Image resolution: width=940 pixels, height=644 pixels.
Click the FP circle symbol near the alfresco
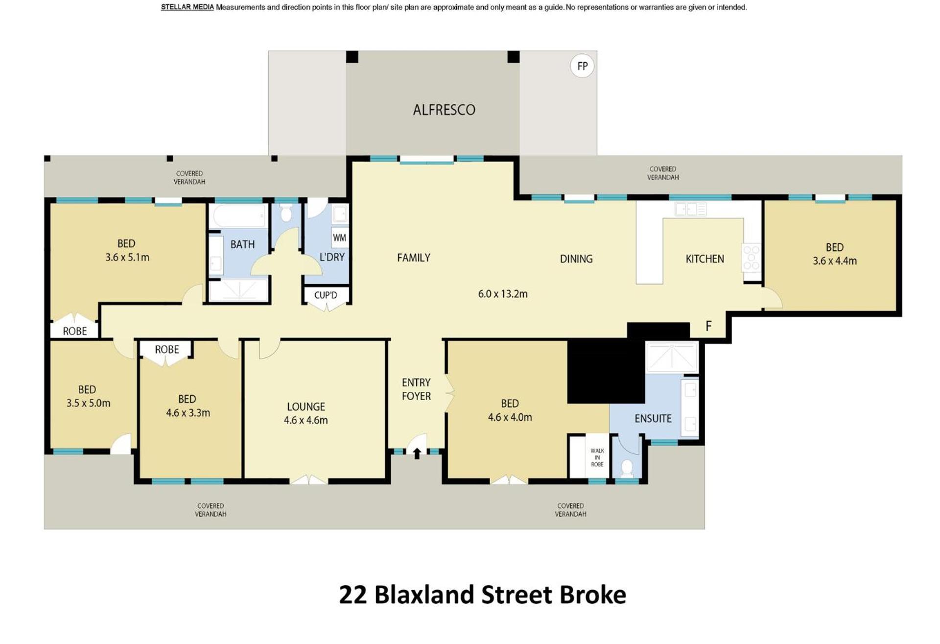click(x=582, y=66)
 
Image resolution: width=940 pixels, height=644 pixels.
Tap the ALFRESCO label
click(x=444, y=110)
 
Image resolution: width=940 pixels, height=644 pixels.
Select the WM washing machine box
click(x=339, y=238)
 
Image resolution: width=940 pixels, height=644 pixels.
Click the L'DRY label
click(x=332, y=257)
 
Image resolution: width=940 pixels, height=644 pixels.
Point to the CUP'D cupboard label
click(x=326, y=295)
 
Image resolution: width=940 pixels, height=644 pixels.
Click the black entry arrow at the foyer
click(x=417, y=453)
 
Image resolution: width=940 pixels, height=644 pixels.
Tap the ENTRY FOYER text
click(x=416, y=389)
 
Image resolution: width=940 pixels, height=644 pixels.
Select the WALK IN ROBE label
click(x=597, y=457)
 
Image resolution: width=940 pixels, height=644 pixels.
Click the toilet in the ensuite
click(x=627, y=468)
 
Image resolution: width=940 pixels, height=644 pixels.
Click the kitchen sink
click(x=690, y=210)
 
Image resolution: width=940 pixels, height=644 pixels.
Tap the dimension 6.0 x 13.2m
click(x=503, y=294)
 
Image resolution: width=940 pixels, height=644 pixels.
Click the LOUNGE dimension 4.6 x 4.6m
click(x=306, y=420)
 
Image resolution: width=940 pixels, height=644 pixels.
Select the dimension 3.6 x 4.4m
click(x=835, y=261)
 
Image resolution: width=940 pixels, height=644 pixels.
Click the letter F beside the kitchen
click(x=708, y=326)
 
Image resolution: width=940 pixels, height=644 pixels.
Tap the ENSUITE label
click(x=653, y=419)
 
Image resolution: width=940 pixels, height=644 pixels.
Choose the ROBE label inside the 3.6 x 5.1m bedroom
click(x=75, y=331)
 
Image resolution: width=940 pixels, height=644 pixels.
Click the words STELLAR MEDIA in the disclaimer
click(x=188, y=7)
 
